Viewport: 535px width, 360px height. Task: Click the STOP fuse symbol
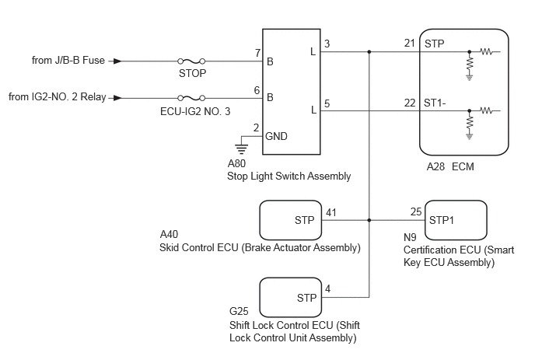pos(191,61)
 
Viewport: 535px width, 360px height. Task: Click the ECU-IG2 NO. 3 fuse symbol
pos(191,98)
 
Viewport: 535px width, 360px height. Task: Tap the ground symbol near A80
pos(241,149)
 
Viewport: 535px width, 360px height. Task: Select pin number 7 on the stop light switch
pos(257,53)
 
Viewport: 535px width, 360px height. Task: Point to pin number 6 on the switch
pos(257,90)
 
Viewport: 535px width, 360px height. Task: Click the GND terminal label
pos(276,136)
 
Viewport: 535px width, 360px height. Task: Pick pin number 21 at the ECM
pos(410,44)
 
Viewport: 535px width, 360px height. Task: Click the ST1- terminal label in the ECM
pos(435,103)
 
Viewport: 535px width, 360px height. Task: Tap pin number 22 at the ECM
pos(410,103)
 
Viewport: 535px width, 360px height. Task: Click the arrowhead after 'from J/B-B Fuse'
pos(117,61)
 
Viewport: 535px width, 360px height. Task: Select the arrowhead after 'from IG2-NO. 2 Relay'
pos(117,98)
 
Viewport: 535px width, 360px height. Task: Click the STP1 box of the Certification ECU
pos(456,220)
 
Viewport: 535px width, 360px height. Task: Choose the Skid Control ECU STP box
pos(291,220)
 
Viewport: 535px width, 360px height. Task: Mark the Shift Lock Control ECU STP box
pos(291,298)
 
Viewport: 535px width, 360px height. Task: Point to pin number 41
pos(331,212)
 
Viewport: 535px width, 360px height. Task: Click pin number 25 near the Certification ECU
pos(416,212)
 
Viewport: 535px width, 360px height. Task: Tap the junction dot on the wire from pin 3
pos(369,52)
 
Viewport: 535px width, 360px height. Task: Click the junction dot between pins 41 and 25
pos(369,220)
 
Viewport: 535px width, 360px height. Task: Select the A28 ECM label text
pos(450,166)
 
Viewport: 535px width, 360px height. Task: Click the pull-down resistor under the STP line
pos(470,64)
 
